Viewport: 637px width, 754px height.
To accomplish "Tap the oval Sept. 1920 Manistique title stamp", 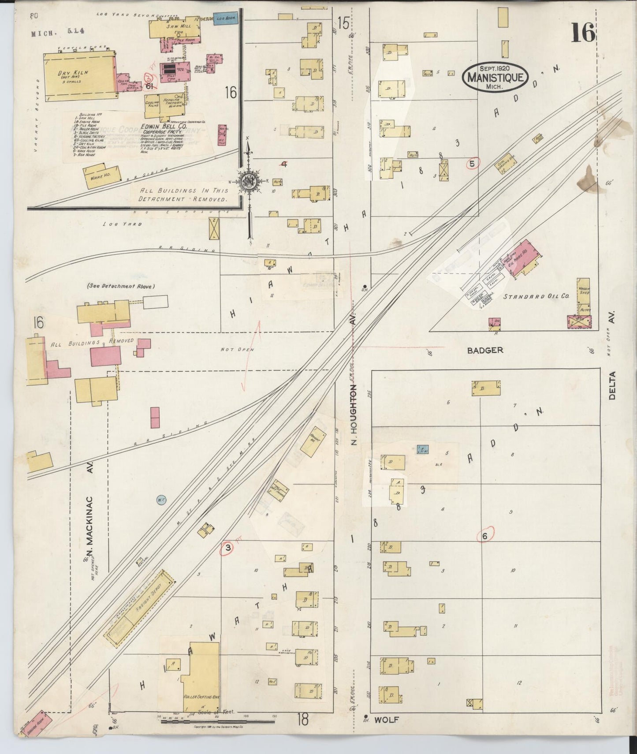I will click(x=495, y=77).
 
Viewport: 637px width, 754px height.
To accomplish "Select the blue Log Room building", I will click(x=226, y=18).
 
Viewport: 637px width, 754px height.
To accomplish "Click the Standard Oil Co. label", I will click(x=536, y=297).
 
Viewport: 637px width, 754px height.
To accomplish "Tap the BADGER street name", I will click(x=485, y=350).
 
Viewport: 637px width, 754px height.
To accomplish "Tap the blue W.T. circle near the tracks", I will click(x=161, y=500).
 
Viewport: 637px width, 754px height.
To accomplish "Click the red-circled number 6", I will click(x=485, y=536).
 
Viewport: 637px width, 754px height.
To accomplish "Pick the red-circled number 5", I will click(x=472, y=164).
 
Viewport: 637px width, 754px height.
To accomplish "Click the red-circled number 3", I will click(x=227, y=548).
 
